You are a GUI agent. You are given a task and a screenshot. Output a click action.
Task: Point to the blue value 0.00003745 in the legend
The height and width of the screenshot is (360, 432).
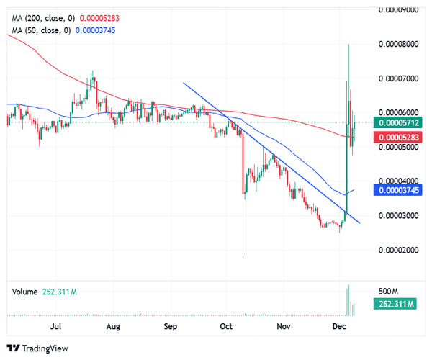[99, 30]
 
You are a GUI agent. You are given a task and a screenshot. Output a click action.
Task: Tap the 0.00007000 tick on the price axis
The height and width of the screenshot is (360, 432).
[399, 78]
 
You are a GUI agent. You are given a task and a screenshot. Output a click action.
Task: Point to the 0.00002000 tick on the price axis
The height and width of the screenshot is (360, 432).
[399, 250]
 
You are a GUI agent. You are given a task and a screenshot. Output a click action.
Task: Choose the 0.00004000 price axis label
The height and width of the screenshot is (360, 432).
[399, 181]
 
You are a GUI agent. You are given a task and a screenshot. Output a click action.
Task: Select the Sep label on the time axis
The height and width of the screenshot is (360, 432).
[170, 326]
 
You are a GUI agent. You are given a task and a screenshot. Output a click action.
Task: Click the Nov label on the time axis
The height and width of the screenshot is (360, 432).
[284, 326]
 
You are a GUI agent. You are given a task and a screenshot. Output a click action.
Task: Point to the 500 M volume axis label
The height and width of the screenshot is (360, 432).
[389, 292]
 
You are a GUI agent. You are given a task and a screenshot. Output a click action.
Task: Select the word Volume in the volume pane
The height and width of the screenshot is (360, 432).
[24, 292]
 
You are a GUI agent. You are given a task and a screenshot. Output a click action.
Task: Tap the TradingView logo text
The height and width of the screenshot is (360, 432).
[42, 348]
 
